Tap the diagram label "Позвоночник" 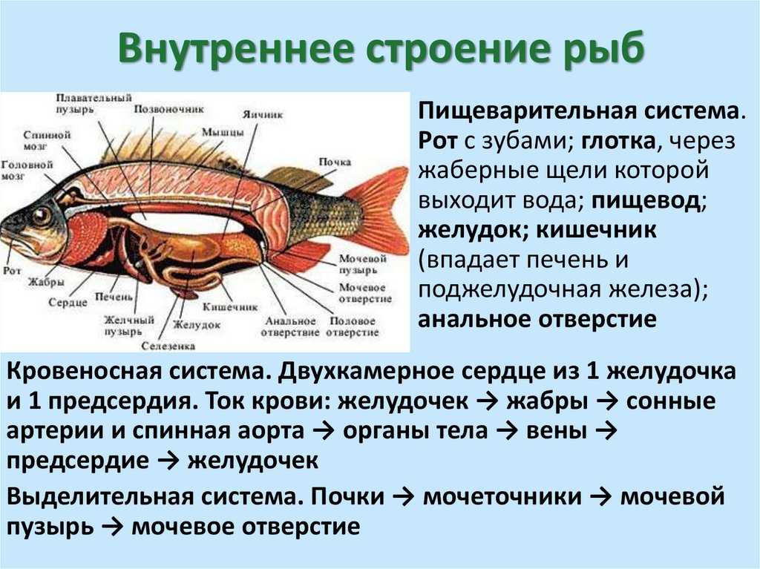click(168, 108)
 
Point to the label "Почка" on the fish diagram click(335, 161)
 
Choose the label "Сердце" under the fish click(68, 303)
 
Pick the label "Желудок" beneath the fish click(197, 325)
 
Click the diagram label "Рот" click(12, 272)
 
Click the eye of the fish click(41, 216)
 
